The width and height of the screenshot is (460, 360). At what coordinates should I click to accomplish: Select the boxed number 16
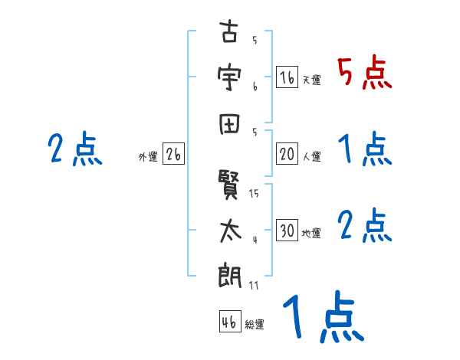pyautogui.click(x=287, y=77)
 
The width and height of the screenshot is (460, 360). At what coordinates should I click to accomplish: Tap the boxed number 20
pyautogui.click(x=287, y=154)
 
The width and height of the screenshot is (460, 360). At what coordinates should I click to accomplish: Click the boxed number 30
pyautogui.click(x=287, y=231)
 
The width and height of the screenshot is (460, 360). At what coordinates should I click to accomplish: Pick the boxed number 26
pyautogui.click(x=173, y=155)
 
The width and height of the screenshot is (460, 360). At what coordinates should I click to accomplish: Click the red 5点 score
pyautogui.click(x=364, y=74)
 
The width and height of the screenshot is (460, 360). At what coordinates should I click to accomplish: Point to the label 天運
pyautogui.click(x=311, y=80)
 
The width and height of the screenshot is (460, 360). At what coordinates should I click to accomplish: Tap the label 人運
pyautogui.click(x=311, y=156)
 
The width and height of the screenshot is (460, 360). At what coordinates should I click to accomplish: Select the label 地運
pyautogui.click(x=311, y=233)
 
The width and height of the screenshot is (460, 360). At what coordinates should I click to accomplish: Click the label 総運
pyautogui.click(x=255, y=324)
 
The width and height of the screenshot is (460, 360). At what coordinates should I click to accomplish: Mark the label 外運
pyautogui.click(x=148, y=157)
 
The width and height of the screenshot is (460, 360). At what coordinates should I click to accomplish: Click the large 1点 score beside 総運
pyautogui.click(x=322, y=318)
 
